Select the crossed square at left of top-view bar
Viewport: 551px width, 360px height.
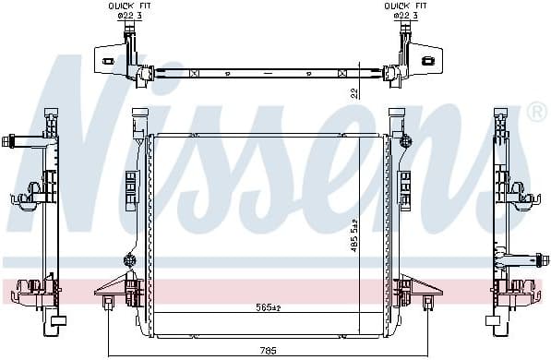pos(193,72)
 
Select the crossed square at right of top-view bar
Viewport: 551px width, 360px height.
pos(343,72)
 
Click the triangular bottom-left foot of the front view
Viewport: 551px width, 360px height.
pos(108,287)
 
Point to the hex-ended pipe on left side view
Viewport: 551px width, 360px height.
pos(11,142)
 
